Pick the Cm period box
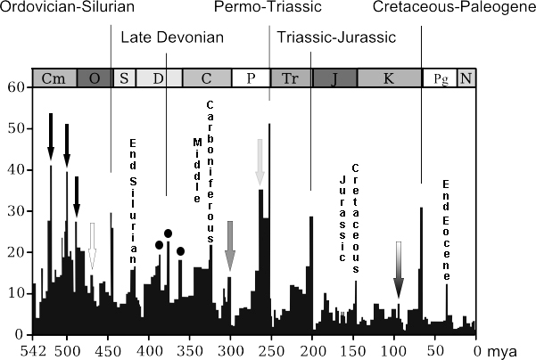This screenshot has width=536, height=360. (54, 78)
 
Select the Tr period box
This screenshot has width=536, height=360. (290, 78)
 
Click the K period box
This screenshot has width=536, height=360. (389, 78)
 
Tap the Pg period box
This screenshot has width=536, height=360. (439, 78)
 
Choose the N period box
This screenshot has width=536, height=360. (466, 78)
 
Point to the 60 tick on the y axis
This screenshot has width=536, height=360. (15, 87)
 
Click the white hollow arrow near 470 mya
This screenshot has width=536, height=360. (92, 245)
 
